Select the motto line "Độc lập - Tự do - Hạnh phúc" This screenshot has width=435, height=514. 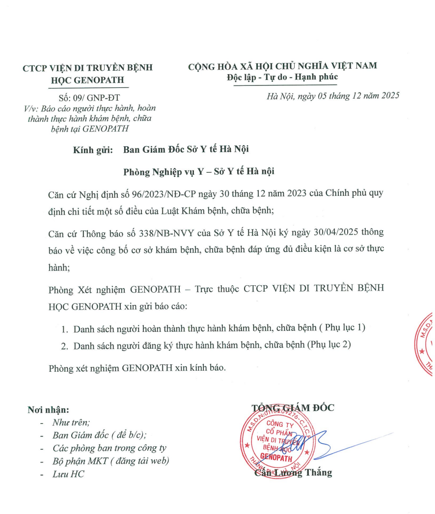(282, 78)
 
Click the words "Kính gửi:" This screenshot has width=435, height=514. (92, 150)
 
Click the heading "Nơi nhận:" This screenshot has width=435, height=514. (49, 410)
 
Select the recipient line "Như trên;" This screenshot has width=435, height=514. (71, 422)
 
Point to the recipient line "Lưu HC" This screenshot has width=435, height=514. (68, 474)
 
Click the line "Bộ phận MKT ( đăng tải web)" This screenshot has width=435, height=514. (111, 461)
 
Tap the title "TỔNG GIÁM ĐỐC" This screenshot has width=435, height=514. (293, 407)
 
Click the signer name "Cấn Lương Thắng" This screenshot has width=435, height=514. (293, 473)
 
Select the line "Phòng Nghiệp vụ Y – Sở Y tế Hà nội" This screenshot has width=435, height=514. (199, 171)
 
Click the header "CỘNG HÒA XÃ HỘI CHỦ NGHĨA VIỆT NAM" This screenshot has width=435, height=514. (282, 66)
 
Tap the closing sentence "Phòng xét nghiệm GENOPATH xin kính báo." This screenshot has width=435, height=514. (137, 368)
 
